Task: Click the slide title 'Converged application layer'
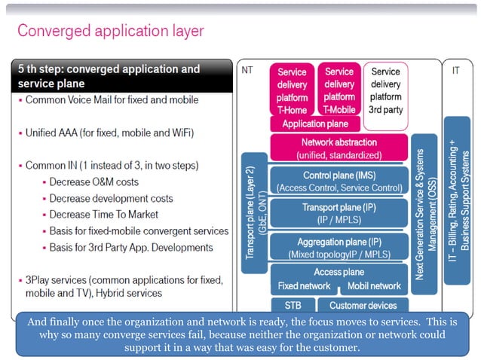pos(110,31)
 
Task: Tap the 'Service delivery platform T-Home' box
pos(292,90)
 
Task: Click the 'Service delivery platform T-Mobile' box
pos(339,90)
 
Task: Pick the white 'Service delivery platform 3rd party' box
pos(385,90)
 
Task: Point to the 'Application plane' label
pos(315,124)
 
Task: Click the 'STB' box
pos(293,306)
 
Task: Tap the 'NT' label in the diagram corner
pos(247,70)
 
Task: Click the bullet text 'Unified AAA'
pos(109,133)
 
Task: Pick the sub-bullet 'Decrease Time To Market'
pos(103,215)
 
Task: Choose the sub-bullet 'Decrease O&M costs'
pos(93,182)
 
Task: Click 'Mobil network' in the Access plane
pos(375,286)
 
